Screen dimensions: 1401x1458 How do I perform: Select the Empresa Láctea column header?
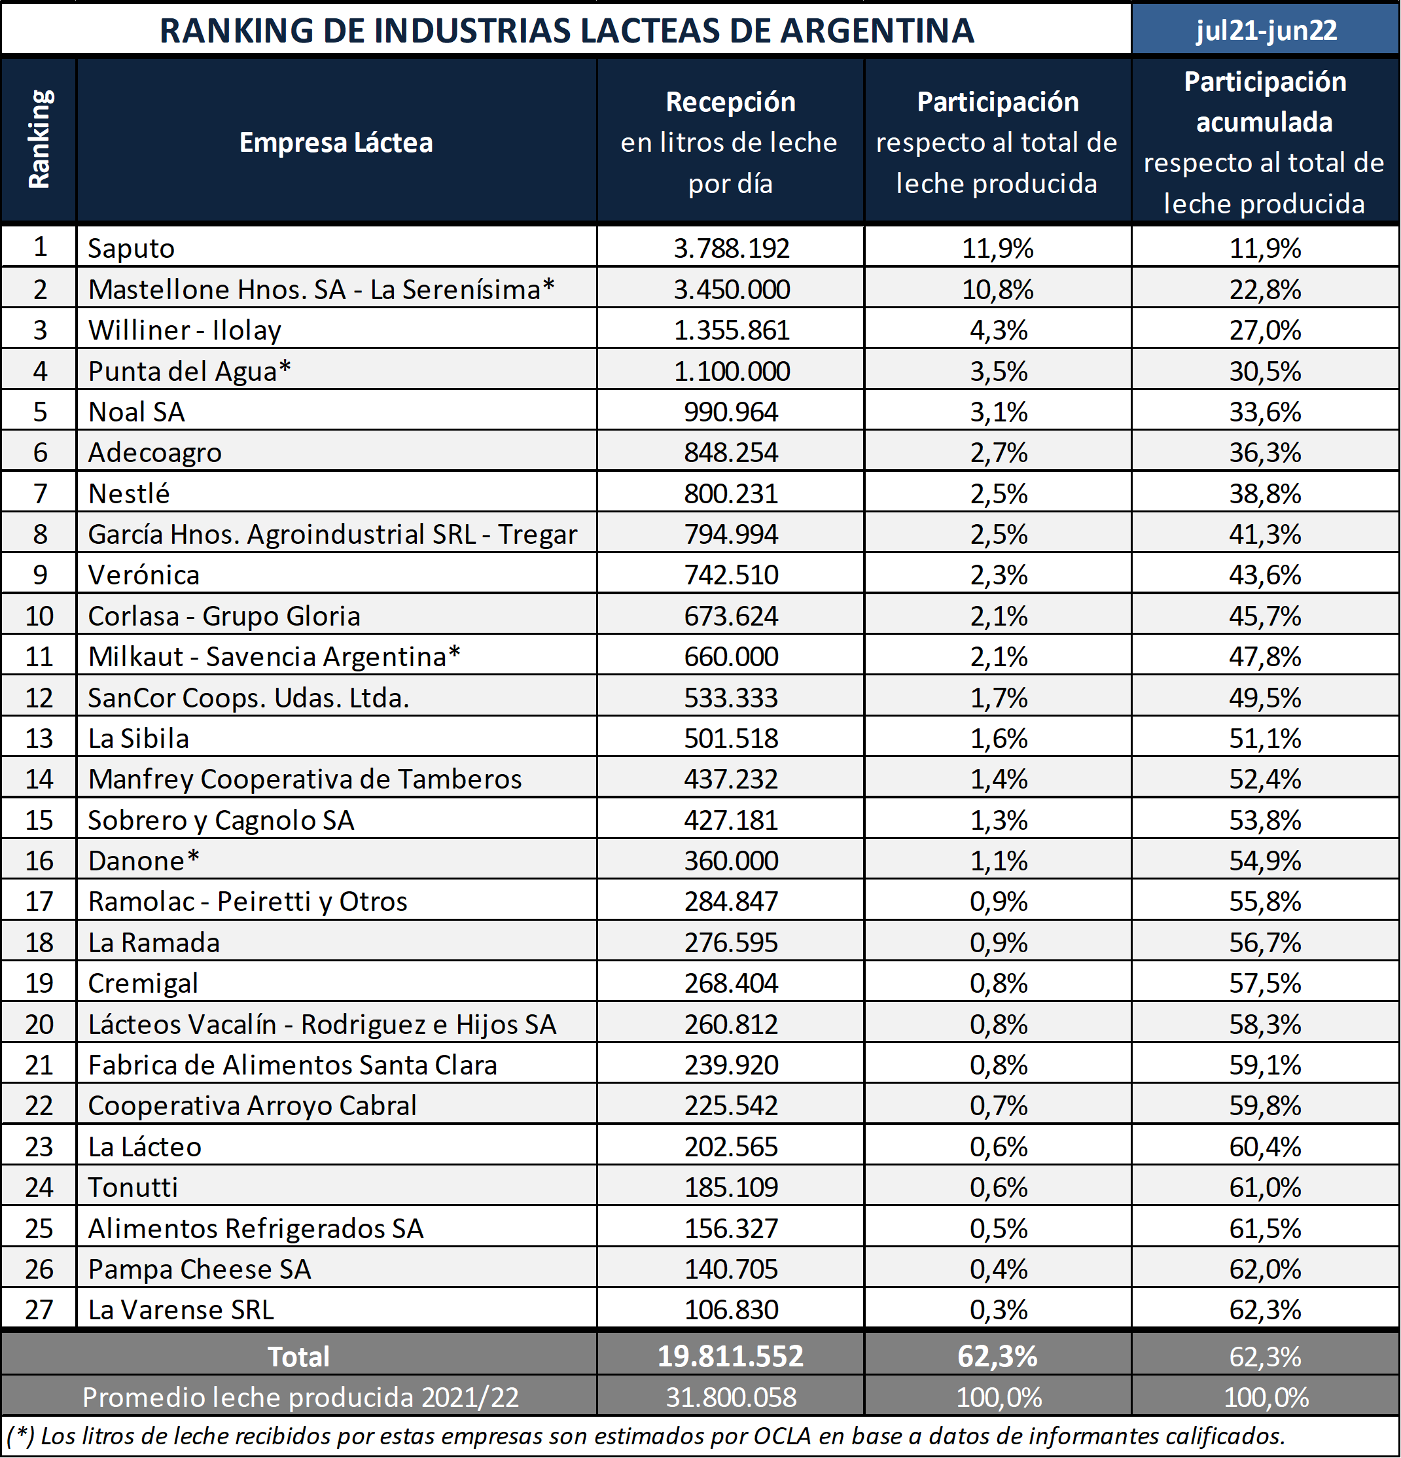tap(336, 142)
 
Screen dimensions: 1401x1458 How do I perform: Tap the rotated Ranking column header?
tap(39, 139)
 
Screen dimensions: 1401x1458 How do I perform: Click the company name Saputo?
tap(131, 248)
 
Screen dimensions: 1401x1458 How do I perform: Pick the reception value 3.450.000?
tap(732, 289)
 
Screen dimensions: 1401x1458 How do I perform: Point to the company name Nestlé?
tap(129, 493)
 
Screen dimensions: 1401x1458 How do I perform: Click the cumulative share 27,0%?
tap(1265, 330)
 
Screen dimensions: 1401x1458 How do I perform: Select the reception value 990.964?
tap(732, 412)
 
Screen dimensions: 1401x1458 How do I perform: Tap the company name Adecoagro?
tap(154, 452)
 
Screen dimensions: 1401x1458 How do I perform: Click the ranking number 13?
tap(39, 738)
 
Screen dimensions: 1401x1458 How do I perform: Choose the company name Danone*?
tap(143, 861)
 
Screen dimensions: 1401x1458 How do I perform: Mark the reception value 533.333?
tap(732, 697)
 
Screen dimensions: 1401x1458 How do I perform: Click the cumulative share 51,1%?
tap(1265, 738)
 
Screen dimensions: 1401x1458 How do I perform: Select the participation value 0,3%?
tap(999, 1309)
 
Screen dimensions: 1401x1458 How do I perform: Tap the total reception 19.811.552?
tap(731, 1356)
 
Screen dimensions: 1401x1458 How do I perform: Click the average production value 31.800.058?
tap(732, 1397)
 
